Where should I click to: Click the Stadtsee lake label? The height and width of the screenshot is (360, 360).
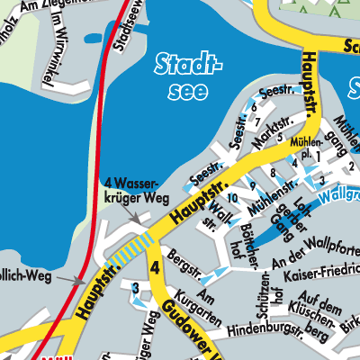click(x=187, y=76)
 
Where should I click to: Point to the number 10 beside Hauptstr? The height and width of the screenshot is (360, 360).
click(x=231, y=197)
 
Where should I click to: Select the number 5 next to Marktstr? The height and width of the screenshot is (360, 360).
click(x=281, y=137)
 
